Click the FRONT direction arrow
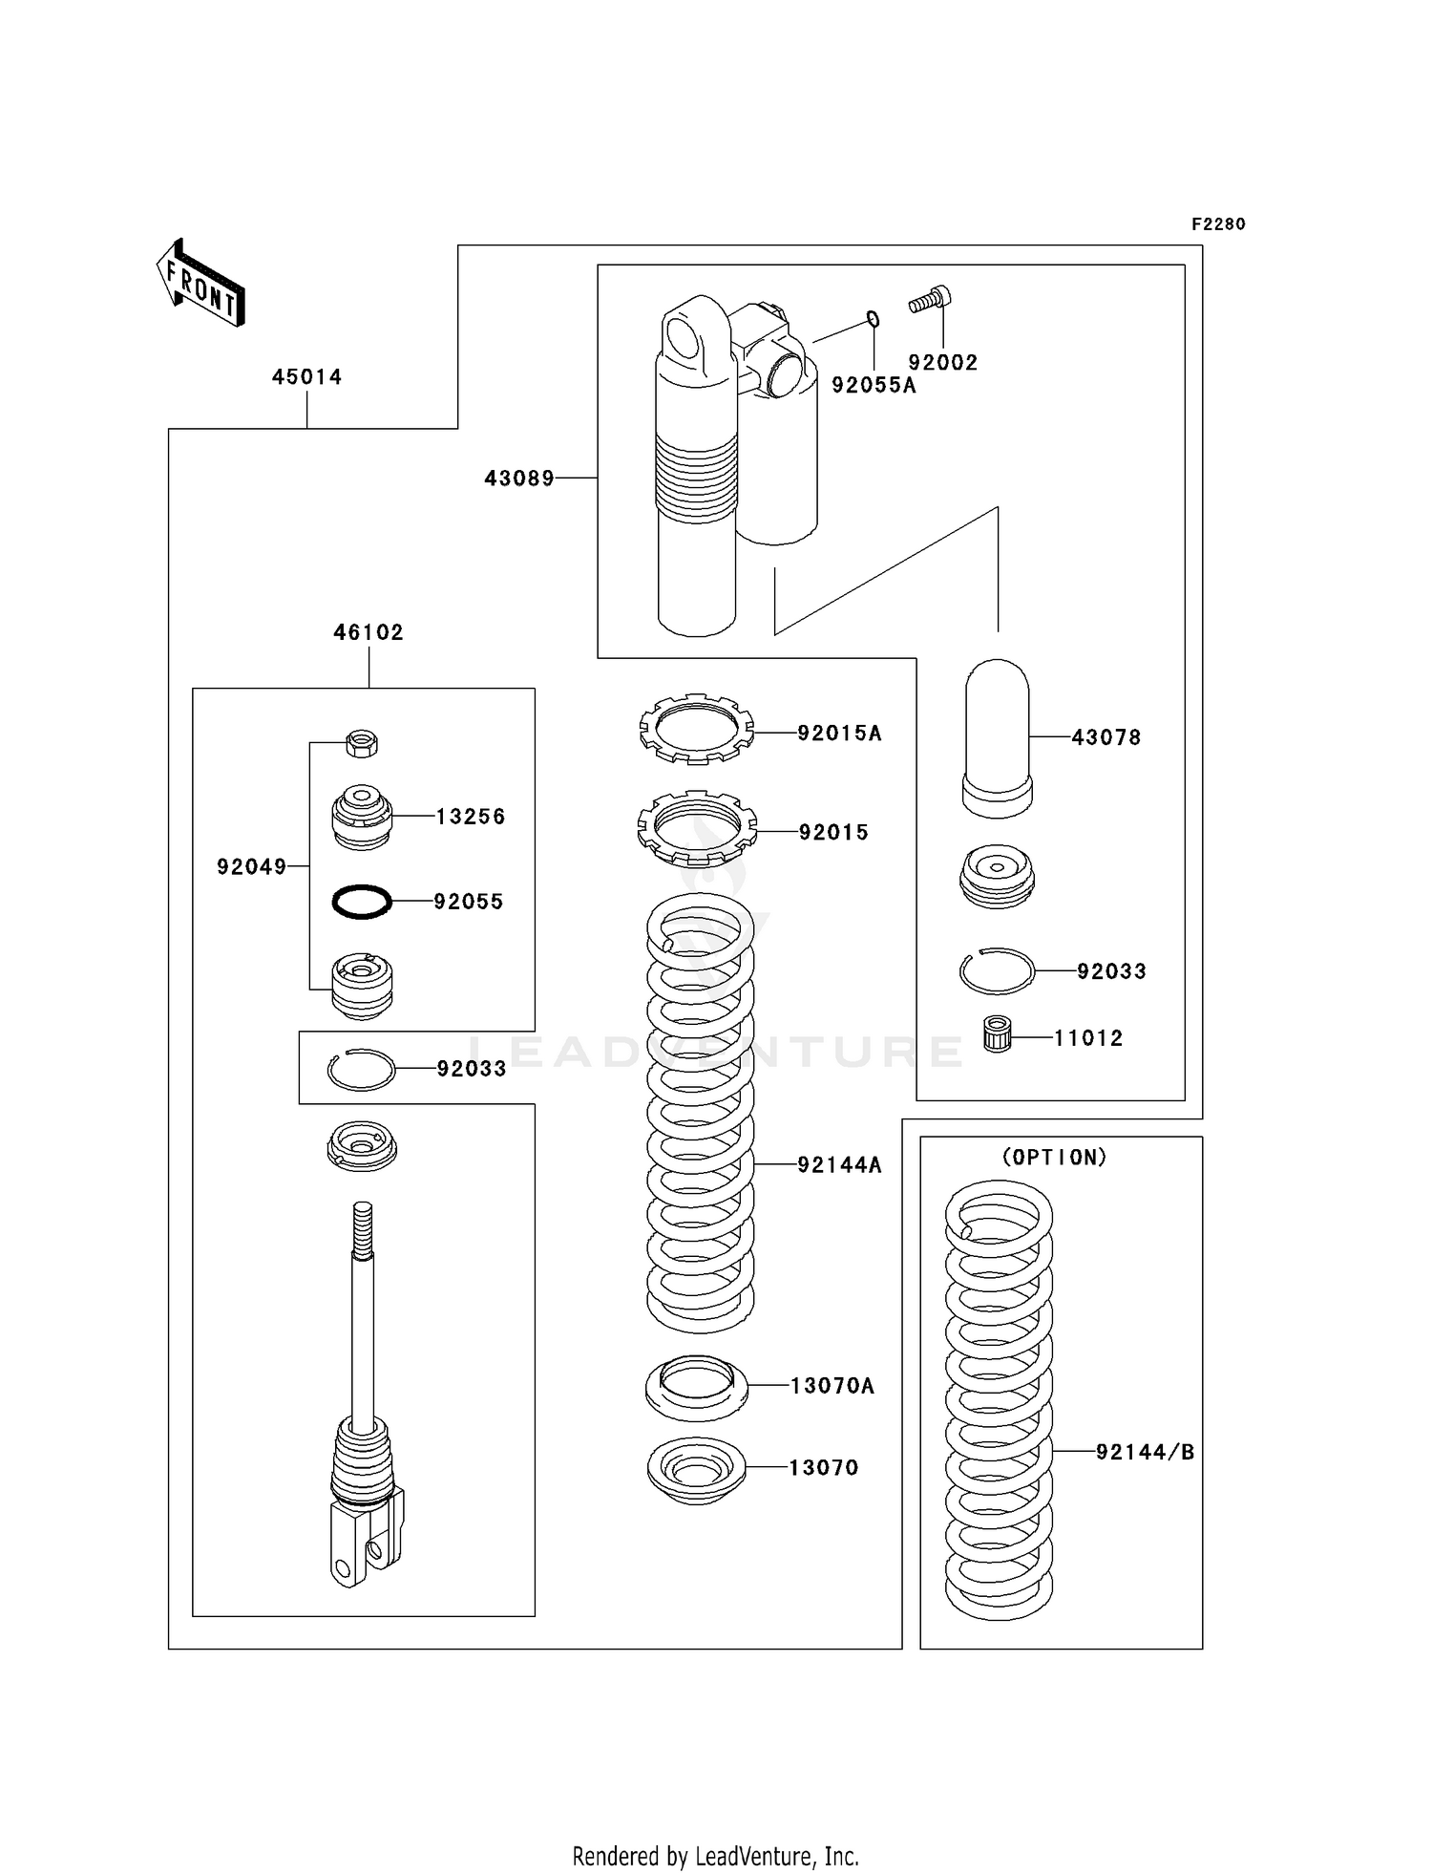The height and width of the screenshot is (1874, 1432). (x=201, y=284)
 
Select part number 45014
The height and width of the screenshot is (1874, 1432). (x=306, y=377)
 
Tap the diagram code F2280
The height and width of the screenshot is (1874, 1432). (x=1218, y=224)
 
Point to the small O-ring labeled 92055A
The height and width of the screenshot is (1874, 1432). (x=873, y=319)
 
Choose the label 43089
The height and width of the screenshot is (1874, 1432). (x=519, y=479)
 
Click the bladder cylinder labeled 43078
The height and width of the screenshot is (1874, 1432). (x=998, y=737)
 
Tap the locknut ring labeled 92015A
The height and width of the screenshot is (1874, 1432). (x=696, y=730)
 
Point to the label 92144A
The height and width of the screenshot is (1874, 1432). (x=839, y=1165)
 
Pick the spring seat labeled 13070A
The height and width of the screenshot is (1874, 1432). (x=697, y=1388)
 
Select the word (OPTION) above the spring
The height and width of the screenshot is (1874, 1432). (x=1055, y=1158)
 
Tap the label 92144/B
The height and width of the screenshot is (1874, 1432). (x=1145, y=1453)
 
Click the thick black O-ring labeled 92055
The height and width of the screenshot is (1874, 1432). (x=361, y=901)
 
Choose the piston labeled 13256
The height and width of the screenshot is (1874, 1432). (x=361, y=817)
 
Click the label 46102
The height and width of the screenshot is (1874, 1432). (x=369, y=632)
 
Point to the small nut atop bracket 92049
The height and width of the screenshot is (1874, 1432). (x=362, y=742)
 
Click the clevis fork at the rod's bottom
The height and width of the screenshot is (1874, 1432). (x=366, y=1546)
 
